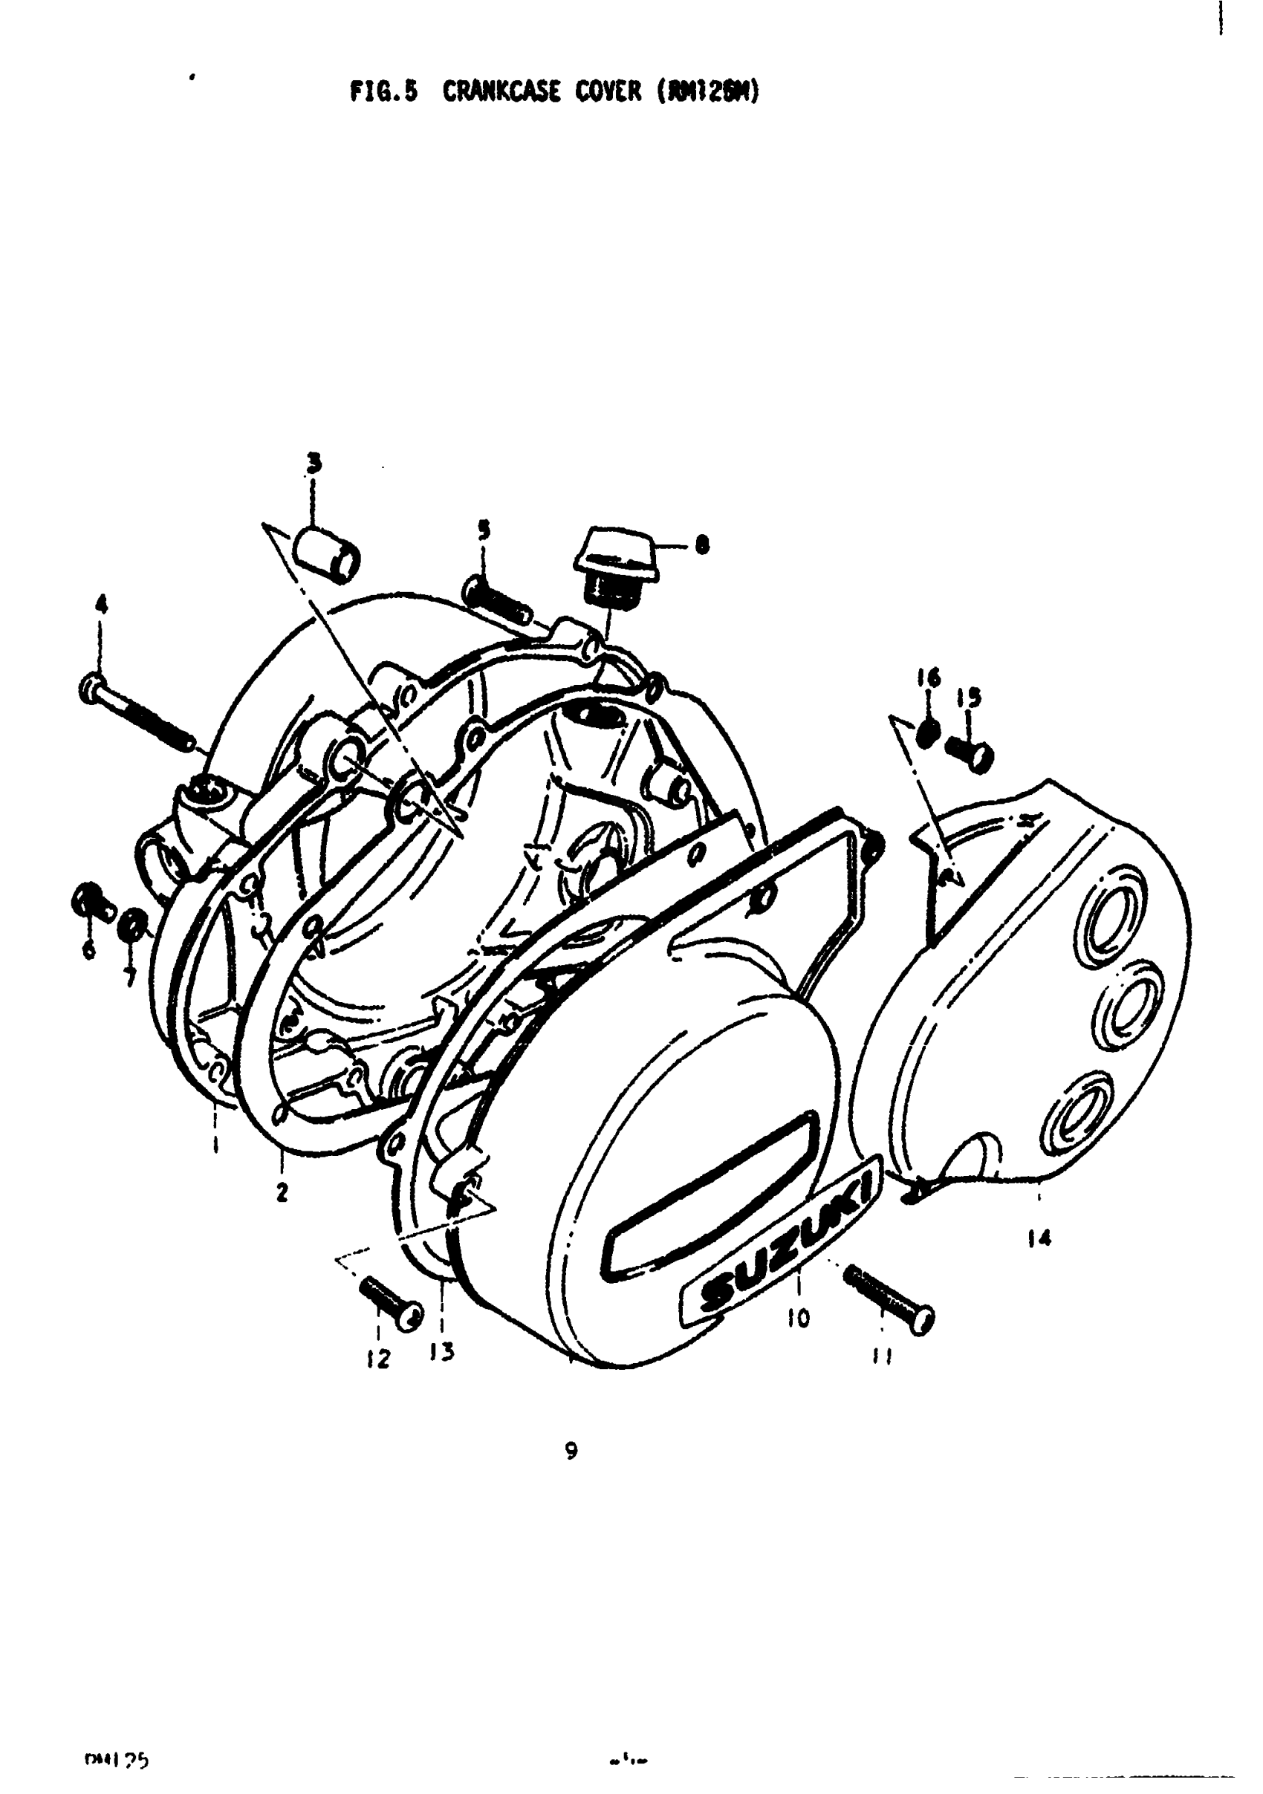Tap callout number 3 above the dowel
pos(314,464)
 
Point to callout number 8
pos(702,545)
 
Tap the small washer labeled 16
pos(928,732)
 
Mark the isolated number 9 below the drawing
pos(571,1451)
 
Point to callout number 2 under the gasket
pos(282,1192)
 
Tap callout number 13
pos(442,1351)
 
